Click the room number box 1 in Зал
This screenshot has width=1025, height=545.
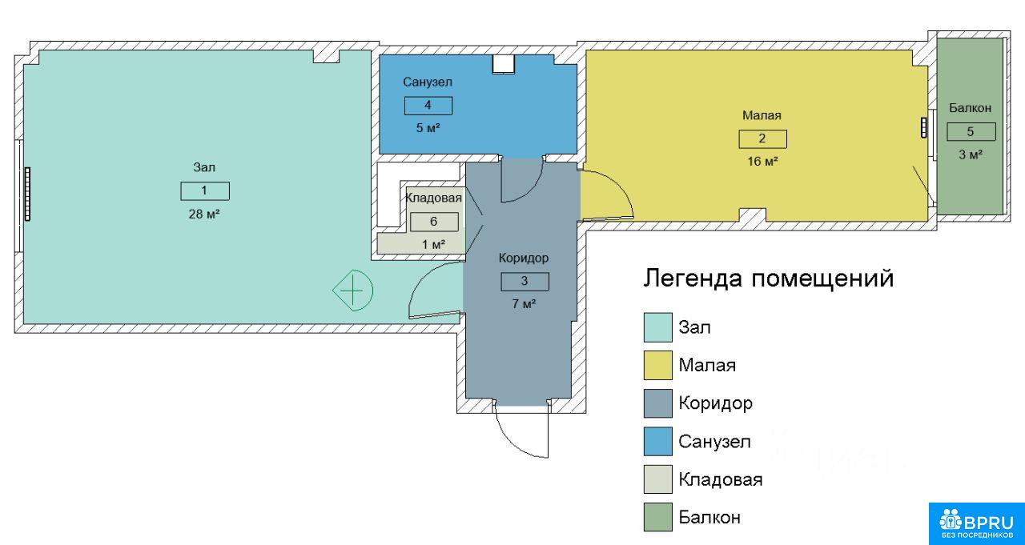coord(205,191)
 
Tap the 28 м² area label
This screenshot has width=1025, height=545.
coord(204,214)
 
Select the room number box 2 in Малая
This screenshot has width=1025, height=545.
coord(763,139)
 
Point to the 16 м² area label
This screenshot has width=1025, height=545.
coord(763,162)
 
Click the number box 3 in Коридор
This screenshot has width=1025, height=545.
coord(525,282)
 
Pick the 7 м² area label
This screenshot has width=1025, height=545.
coord(524,304)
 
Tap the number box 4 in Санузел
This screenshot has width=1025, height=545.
coord(428,106)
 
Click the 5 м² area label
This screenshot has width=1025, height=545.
coord(428,128)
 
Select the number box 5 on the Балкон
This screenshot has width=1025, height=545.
coord(971,132)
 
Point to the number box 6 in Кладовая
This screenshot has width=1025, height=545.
coord(434,222)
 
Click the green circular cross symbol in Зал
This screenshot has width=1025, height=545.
coord(353,291)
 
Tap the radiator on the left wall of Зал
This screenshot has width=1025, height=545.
coord(27,194)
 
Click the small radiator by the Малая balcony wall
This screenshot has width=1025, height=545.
coord(924,127)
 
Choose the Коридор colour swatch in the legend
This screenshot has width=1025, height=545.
coord(658,403)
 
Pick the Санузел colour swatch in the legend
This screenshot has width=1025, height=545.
coord(658,441)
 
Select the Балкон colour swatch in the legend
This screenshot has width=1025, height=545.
coord(658,517)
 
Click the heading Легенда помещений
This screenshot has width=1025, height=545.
coord(768,279)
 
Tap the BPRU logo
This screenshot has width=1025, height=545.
coord(976,523)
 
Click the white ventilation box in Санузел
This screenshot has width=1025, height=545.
coord(504,64)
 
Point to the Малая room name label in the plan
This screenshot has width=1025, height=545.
coord(762,115)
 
